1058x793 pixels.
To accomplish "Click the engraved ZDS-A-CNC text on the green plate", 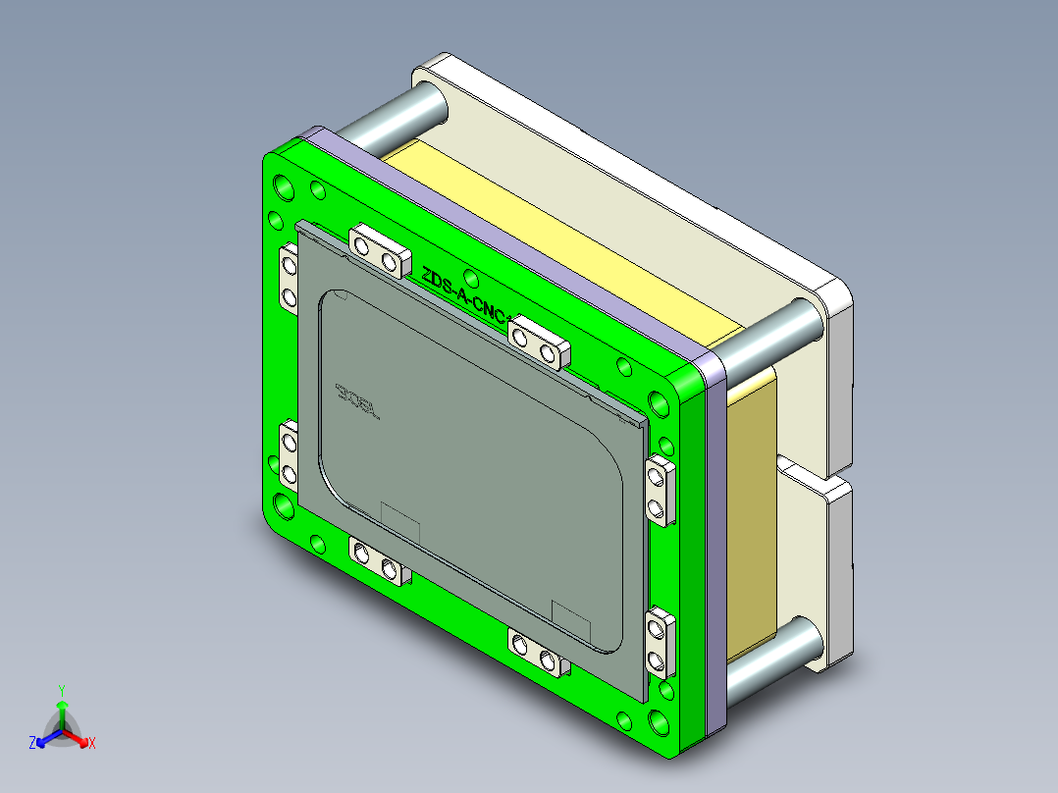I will pyautogui.click(x=463, y=294).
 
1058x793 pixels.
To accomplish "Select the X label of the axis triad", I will pyautogui.click(x=91, y=743).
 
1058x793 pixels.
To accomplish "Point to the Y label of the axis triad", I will pyautogui.click(x=61, y=690).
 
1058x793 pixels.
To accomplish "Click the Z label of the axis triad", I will pyautogui.click(x=32, y=743).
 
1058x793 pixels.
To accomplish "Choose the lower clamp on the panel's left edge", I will pyautogui.click(x=289, y=457).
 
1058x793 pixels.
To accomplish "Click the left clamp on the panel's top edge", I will pyautogui.click(x=378, y=249).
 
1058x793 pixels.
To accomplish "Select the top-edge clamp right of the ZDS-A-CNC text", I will pyautogui.click(x=538, y=342).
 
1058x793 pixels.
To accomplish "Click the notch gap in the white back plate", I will pyautogui.click(x=815, y=470).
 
